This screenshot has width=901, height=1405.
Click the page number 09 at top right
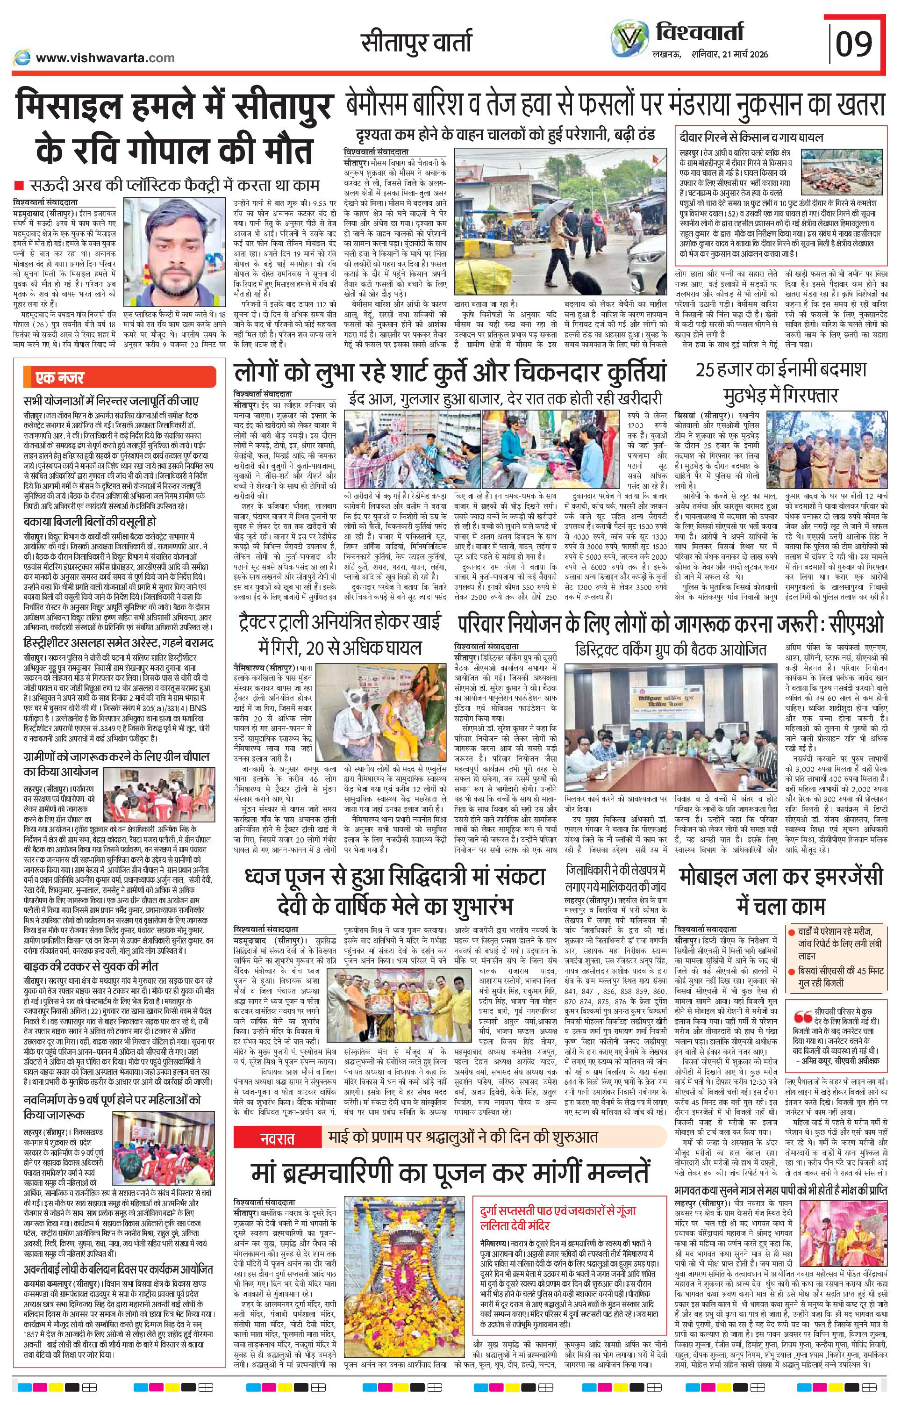pos(855,44)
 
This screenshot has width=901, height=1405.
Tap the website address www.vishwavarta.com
pos(105,58)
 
